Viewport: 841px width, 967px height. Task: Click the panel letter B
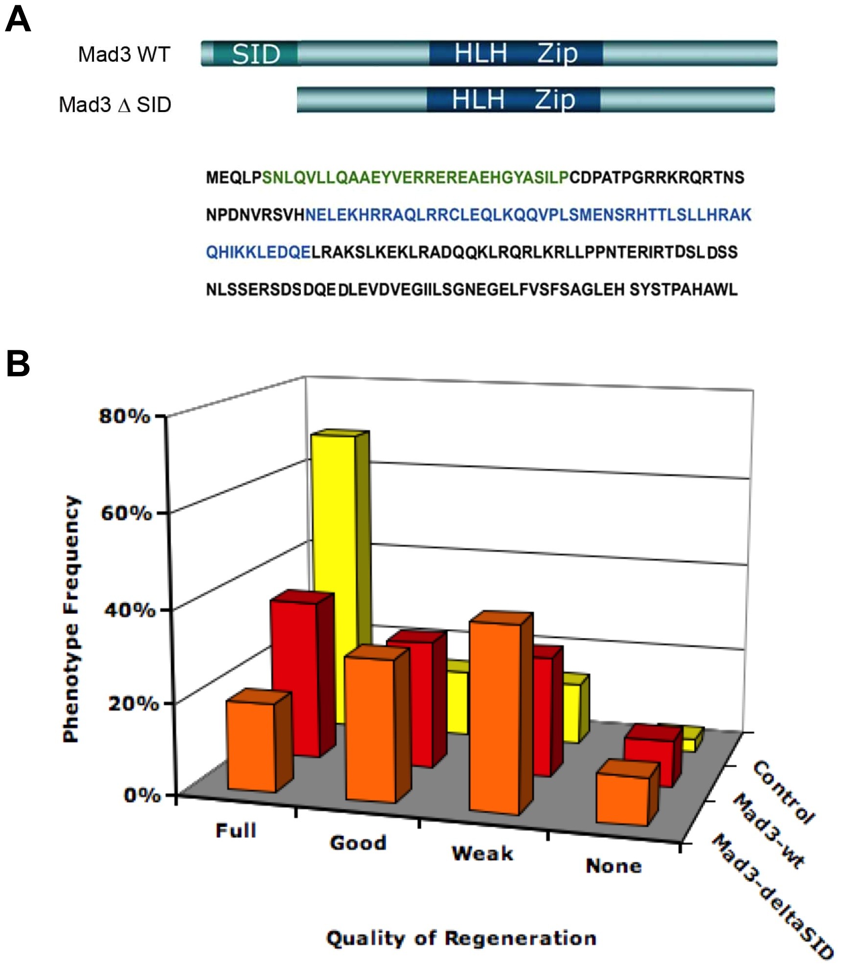tap(18, 364)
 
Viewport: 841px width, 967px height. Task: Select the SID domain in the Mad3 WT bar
tap(255, 53)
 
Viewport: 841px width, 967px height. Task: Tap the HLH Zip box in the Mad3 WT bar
tap(516, 53)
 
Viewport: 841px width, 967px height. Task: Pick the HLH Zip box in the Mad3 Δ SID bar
tap(513, 99)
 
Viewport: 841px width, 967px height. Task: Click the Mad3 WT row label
tap(124, 54)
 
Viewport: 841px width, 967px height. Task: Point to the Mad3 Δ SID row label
tap(115, 105)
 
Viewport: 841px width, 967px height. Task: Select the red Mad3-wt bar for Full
tap(295, 675)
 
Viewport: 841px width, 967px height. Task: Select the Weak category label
tap(482, 853)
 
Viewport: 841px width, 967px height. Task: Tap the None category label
tap(614, 866)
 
